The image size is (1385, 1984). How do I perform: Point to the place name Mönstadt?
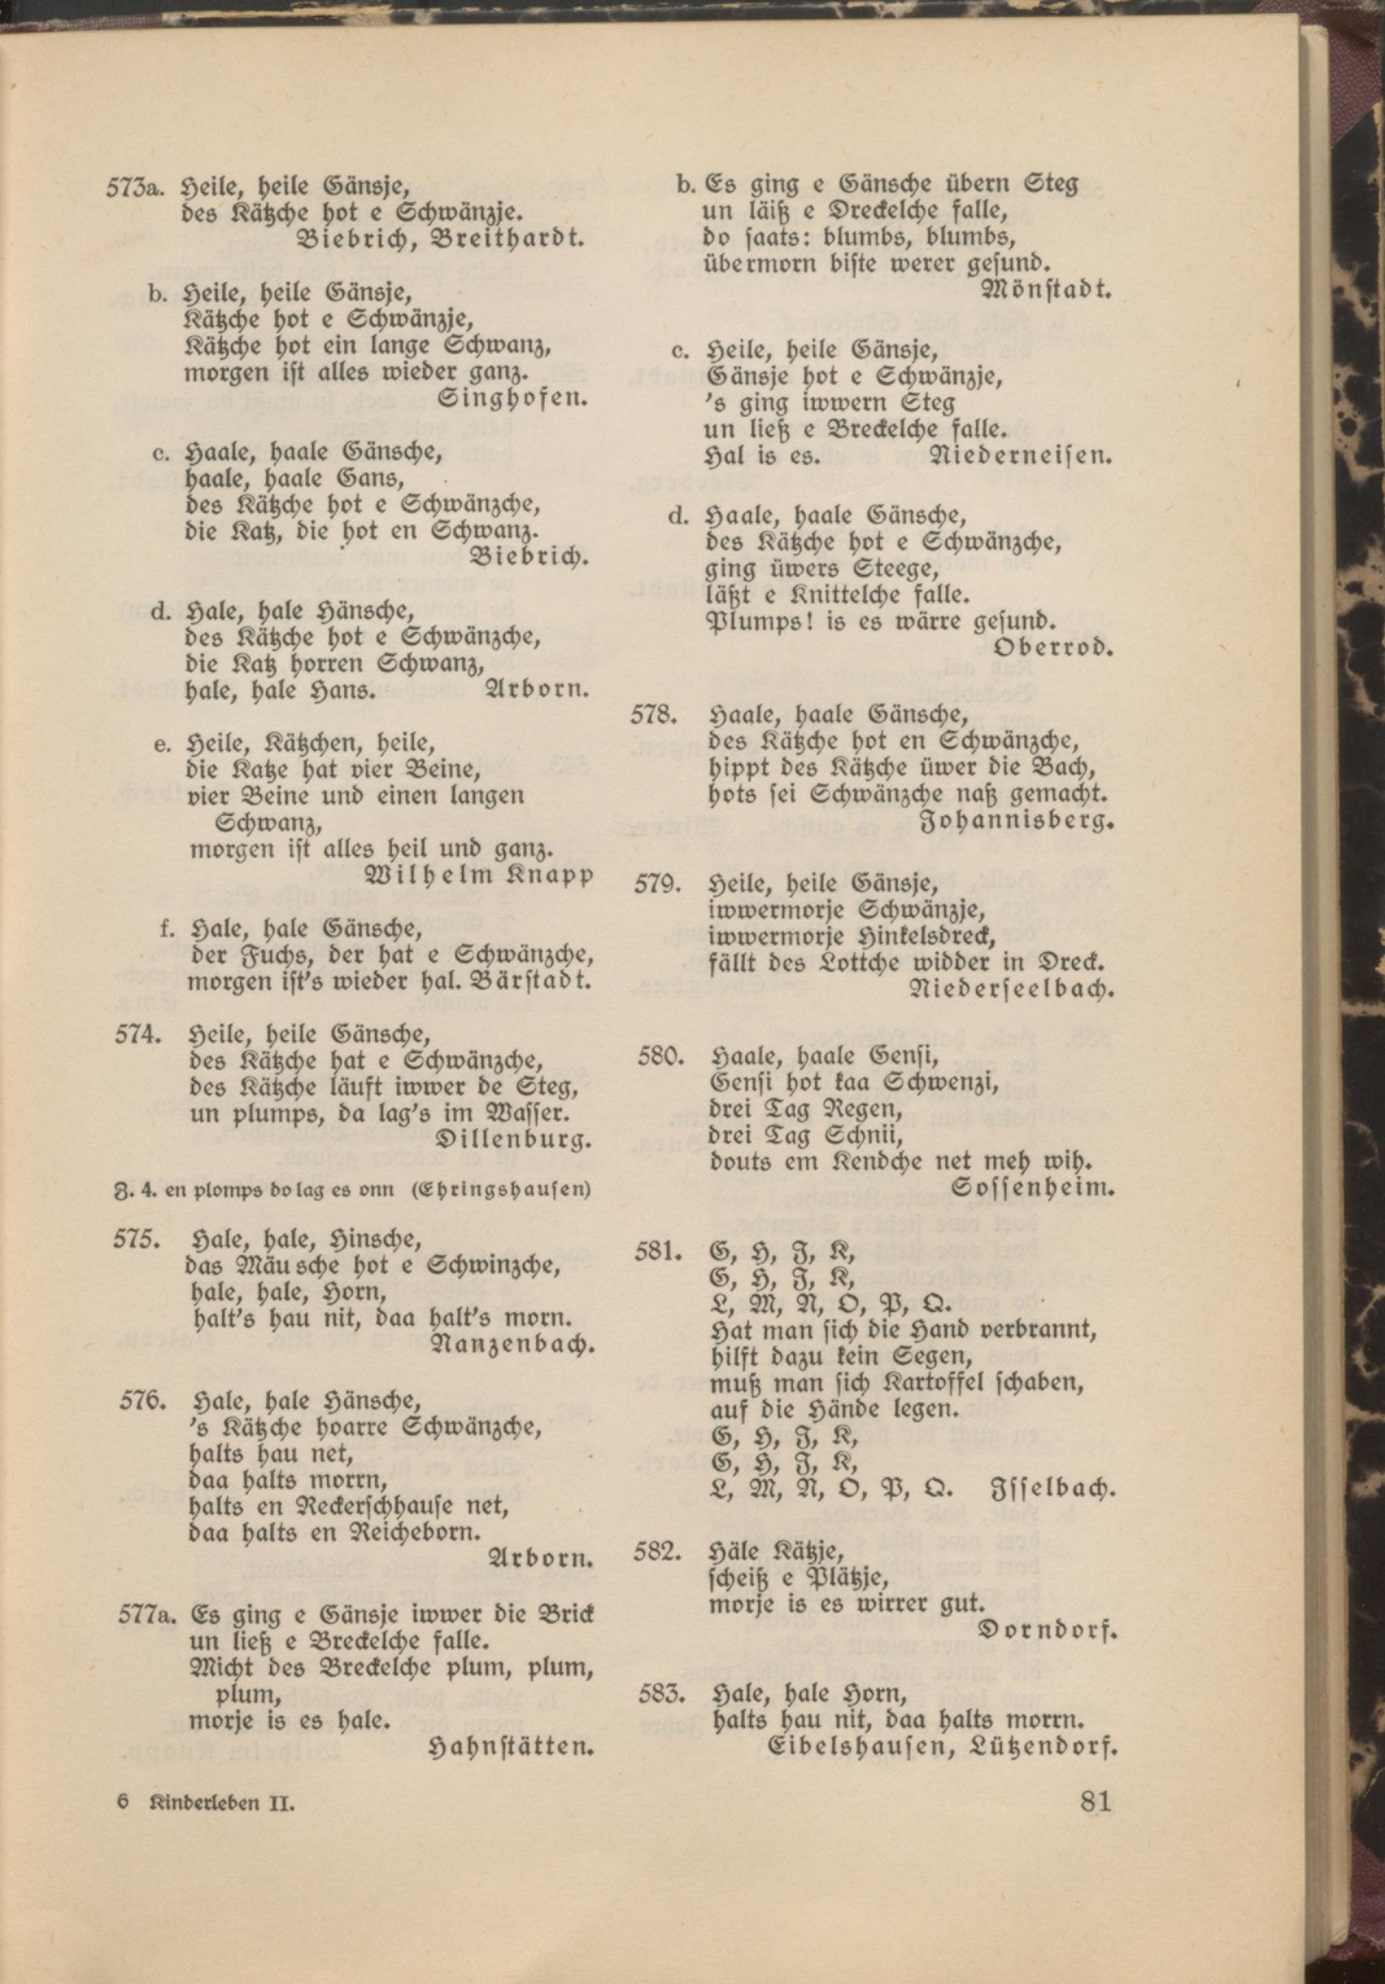click(x=1046, y=290)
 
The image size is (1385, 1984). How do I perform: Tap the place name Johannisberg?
click(x=1019, y=822)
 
